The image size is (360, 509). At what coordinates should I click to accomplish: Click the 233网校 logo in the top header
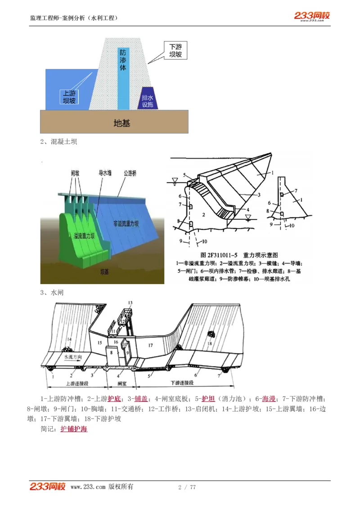(x=312, y=16)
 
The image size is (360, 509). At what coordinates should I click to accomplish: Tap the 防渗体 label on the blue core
(x=122, y=60)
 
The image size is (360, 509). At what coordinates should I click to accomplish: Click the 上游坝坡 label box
(x=69, y=96)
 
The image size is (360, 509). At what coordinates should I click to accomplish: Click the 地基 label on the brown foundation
(x=121, y=123)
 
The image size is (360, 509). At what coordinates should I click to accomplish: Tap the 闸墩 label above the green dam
(x=75, y=172)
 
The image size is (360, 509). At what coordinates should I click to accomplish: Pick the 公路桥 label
(x=131, y=172)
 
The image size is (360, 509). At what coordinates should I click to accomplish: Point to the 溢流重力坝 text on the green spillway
(x=84, y=236)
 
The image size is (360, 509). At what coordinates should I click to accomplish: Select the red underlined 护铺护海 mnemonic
(x=74, y=429)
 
